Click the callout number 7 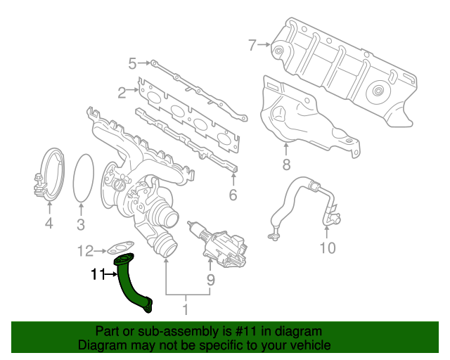pos(252,46)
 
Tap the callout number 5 pos(131,65)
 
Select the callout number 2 pos(122,91)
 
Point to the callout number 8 pos(286,166)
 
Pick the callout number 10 pos(328,247)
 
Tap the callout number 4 pos(49,224)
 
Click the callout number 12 pos(85,250)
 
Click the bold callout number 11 pos(96,275)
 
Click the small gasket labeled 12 pos(121,247)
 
